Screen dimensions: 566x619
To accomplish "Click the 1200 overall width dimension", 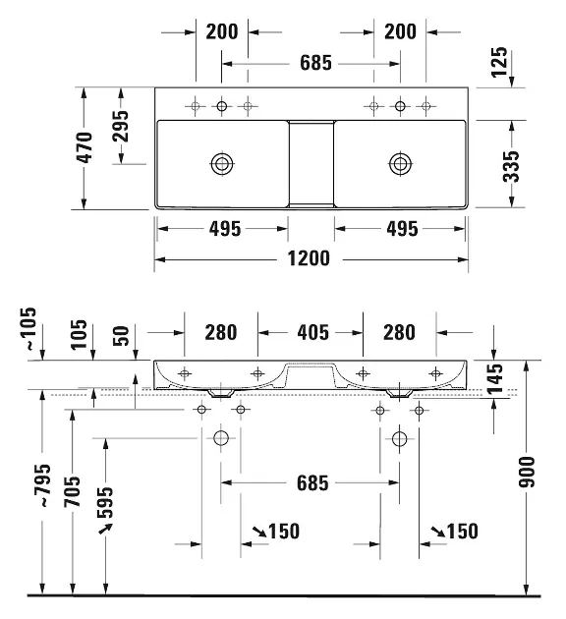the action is [309, 258].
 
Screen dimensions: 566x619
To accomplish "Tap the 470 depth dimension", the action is [85, 147].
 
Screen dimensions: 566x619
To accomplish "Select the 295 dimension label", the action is [120, 126].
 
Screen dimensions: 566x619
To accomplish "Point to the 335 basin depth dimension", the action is [511, 166].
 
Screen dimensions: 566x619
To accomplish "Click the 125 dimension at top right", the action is [499, 62].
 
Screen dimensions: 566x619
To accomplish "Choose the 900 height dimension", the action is [527, 472].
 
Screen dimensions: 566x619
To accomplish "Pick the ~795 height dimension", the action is [42, 485].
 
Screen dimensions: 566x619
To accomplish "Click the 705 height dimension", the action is [72, 491].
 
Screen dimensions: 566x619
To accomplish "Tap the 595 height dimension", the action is [104, 502].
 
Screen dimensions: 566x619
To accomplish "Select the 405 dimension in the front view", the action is [313, 332].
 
